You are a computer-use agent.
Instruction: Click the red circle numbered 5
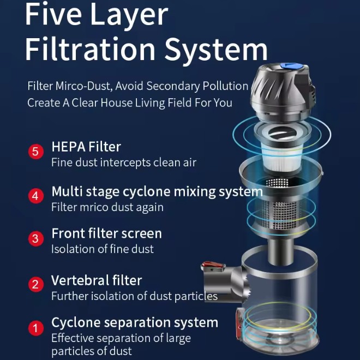pos(36,152)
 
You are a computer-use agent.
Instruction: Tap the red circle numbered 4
pos(36,196)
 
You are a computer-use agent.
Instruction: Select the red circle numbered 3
pos(36,238)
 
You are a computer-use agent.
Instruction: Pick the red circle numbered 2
pos(36,284)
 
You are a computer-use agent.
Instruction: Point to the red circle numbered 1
pos(36,328)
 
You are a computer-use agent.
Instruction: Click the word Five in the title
pos(53,14)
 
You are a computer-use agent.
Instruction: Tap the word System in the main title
pos(216,49)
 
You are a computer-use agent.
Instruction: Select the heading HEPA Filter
pos(86,147)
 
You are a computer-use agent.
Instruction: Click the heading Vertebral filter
pos(97,280)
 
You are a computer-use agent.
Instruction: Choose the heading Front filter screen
pos(106,233)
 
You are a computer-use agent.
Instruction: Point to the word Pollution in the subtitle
pos(225,86)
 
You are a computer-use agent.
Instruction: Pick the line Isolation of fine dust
pos(103,249)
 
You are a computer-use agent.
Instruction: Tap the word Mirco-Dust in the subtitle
pos(84,86)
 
